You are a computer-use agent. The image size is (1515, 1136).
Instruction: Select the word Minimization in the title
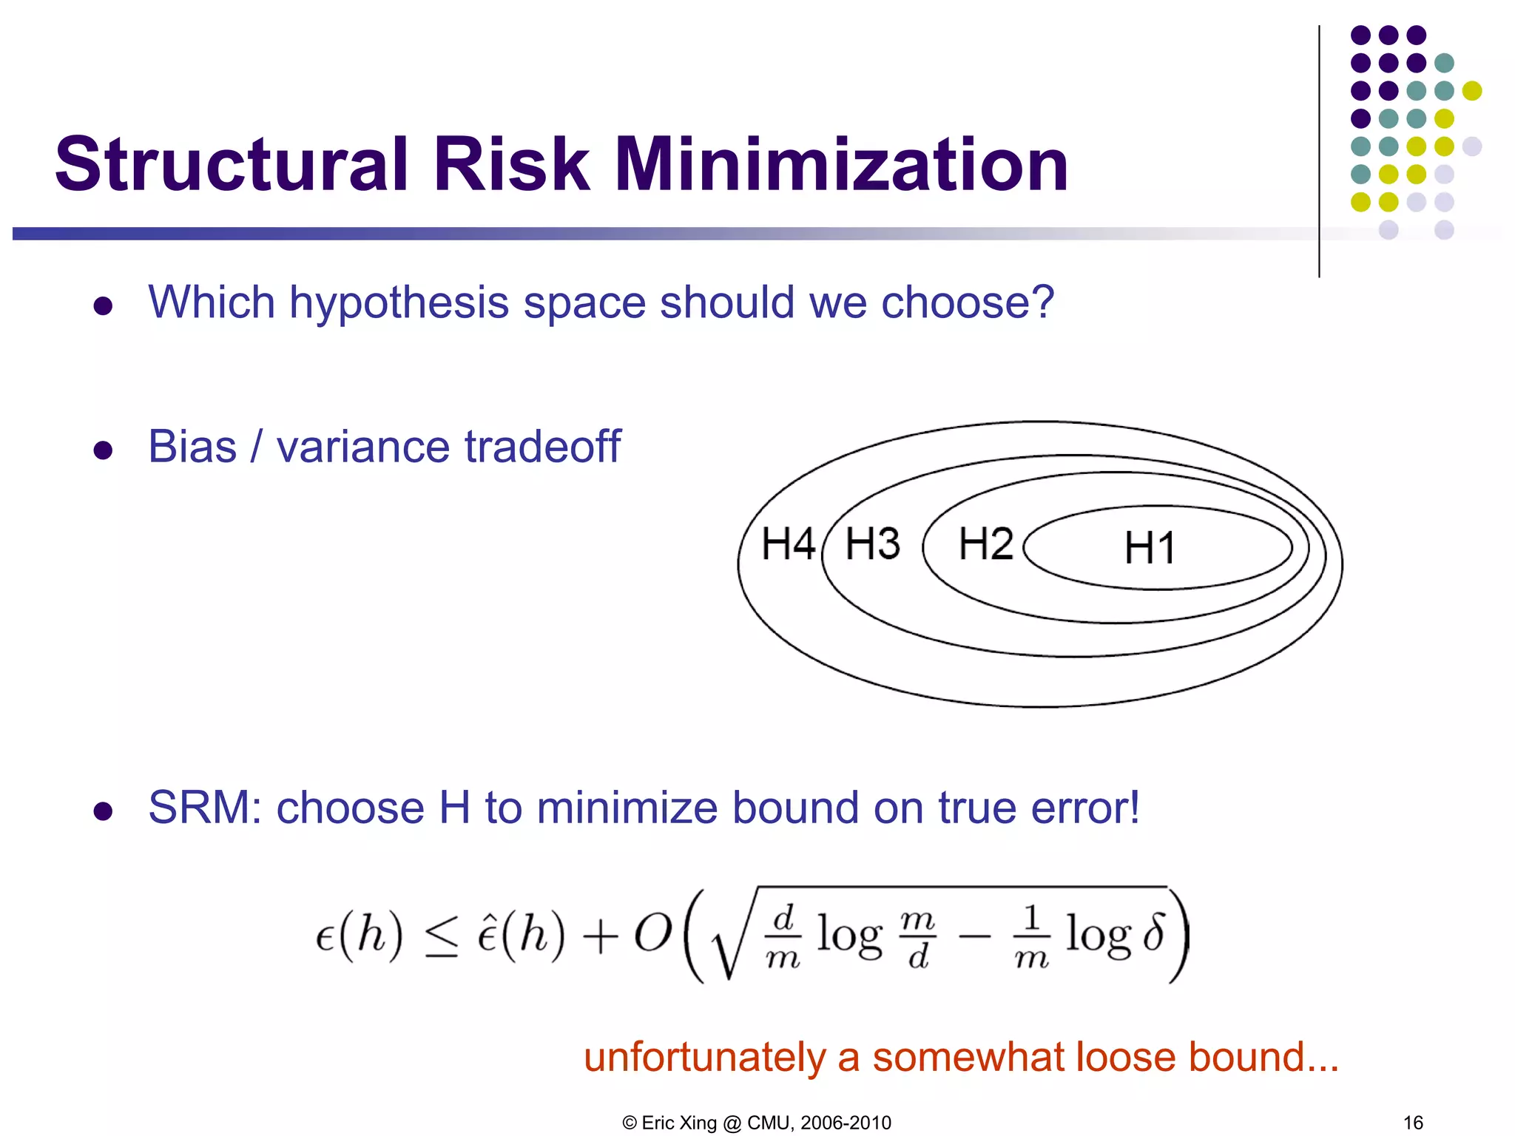coord(841,164)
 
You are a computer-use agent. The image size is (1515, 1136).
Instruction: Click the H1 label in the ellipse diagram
coord(1150,548)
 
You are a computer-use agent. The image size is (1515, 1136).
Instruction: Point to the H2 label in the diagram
coord(985,544)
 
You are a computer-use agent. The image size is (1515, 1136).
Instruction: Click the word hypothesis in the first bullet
coord(399,303)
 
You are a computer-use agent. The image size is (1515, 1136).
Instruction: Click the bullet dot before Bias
coord(103,450)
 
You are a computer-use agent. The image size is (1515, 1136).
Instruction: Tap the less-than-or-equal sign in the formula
coord(442,938)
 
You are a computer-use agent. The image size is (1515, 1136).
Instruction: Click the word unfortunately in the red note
coord(704,1057)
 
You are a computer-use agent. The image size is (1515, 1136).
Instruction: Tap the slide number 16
coord(1413,1123)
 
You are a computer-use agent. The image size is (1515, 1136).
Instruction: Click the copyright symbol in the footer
coord(630,1123)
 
